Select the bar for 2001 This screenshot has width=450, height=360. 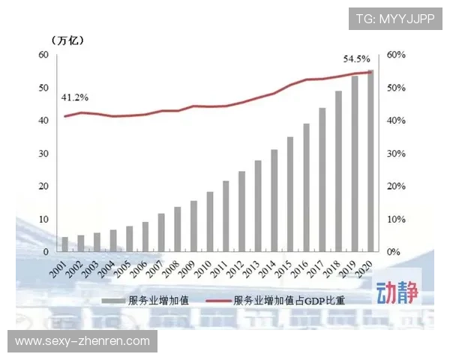[x=64, y=244]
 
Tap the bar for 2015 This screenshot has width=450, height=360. [x=289, y=194]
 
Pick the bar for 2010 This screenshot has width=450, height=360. [x=210, y=221]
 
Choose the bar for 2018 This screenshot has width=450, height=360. [x=338, y=171]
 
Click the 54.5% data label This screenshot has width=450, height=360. [x=356, y=58]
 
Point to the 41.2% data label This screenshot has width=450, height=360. [x=75, y=97]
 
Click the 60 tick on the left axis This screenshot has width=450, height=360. [x=43, y=55]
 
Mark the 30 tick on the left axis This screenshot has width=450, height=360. [x=43, y=153]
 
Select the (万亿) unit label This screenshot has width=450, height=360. [x=68, y=40]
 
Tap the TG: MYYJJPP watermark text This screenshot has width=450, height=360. [x=394, y=19]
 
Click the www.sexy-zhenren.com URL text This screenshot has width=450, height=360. [x=82, y=341]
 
